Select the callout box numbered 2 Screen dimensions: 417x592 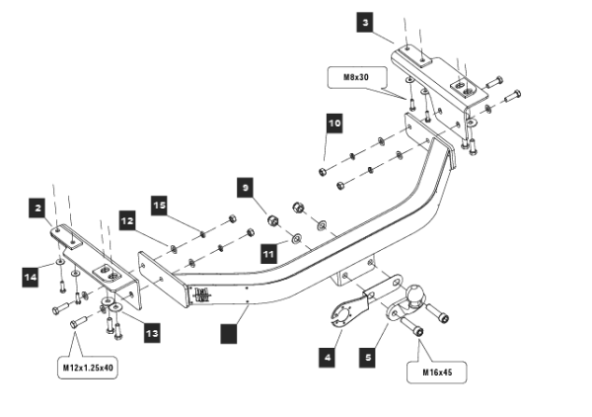tap(37, 208)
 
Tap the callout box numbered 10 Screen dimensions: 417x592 tap(334, 124)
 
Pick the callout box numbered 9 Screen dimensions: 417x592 tap(245, 185)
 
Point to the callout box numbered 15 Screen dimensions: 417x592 tap(159, 205)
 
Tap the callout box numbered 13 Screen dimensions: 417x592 tap(151, 334)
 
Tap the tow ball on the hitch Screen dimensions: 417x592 tap(414, 293)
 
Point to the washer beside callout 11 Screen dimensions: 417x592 tap(294, 239)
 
